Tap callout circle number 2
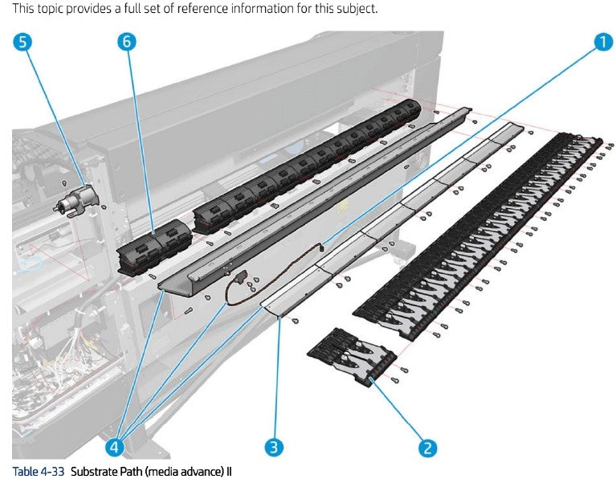(428, 448)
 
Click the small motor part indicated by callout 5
(75, 198)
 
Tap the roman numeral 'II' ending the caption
(227, 470)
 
